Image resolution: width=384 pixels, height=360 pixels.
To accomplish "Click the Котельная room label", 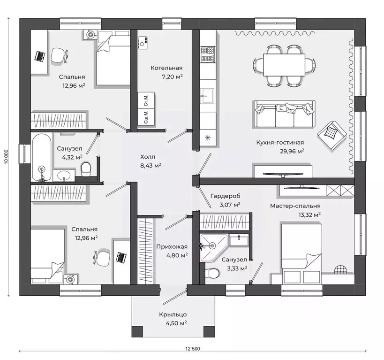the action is pyautogui.click(x=166, y=68).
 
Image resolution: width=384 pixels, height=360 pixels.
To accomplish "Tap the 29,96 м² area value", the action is pyautogui.click(x=292, y=151).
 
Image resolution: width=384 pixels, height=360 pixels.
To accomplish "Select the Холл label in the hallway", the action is pyautogui.click(x=147, y=157).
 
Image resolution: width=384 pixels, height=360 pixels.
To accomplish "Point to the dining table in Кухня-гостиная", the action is pyautogui.click(x=284, y=65).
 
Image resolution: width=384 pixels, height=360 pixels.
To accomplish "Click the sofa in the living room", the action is pyautogui.click(x=284, y=114).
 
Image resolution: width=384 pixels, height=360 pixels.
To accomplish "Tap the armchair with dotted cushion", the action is pyautogui.click(x=332, y=132).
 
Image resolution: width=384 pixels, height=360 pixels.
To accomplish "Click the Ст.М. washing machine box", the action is pyautogui.click(x=146, y=100).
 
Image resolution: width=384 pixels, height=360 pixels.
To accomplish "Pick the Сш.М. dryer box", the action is pyautogui.click(x=146, y=117).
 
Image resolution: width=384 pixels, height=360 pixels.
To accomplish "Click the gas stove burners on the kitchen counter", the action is pyautogui.click(x=208, y=54).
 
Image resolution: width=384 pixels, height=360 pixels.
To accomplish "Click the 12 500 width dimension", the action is pyautogui.click(x=193, y=349).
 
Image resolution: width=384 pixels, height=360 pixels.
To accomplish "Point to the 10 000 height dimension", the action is pyautogui.click(x=7, y=156).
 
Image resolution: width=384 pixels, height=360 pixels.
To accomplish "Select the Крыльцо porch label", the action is pyautogui.click(x=173, y=314).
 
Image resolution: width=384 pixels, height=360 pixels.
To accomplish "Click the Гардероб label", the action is pyautogui.click(x=226, y=196).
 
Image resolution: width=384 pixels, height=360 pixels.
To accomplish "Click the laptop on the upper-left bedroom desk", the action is pyautogui.click(x=39, y=56).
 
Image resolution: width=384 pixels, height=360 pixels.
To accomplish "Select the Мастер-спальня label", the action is pyautogui.click(x=295, y=206).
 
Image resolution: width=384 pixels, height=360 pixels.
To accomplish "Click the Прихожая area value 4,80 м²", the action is pyautogui.click(x=177, y=255).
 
